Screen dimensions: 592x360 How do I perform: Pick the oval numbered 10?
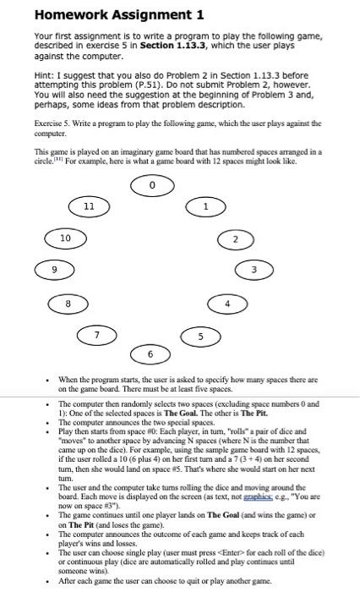(65, 238)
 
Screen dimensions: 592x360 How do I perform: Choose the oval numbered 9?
(52, 270)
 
